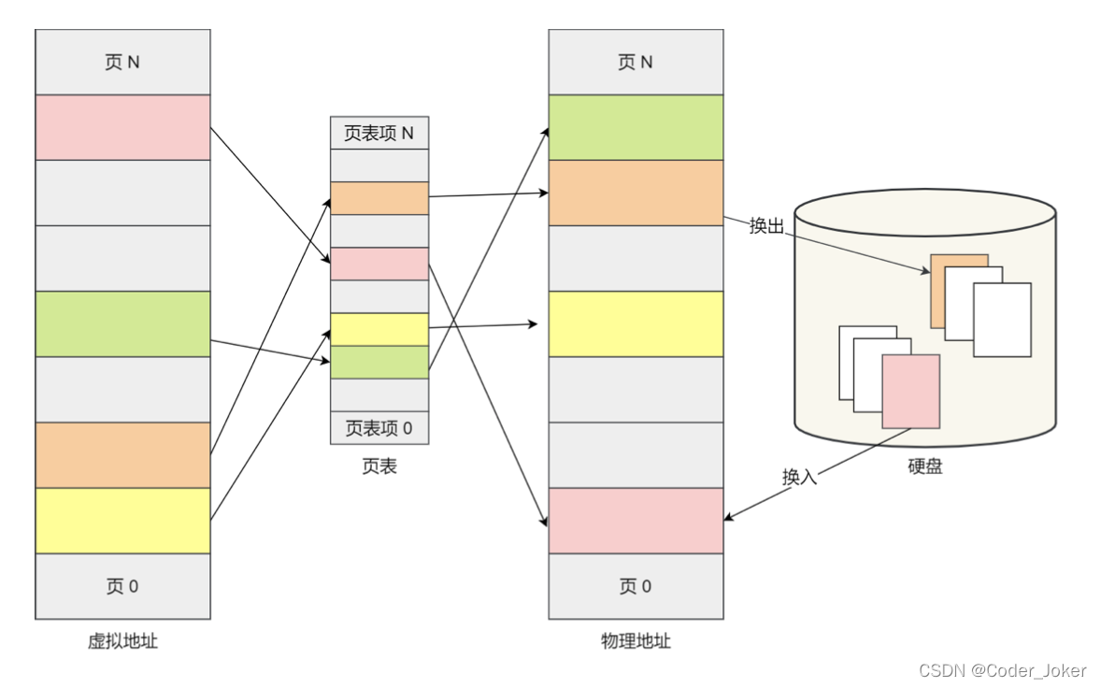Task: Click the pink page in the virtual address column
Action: coord(122,127)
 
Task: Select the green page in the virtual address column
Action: coord(122,323)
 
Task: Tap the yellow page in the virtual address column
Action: coord(122,521)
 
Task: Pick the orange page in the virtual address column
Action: coord(122,455)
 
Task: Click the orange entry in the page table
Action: coord(379,198)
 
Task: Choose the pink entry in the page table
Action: coord(379,264)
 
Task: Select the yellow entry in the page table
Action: coord(379,329)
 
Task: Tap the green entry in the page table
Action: coord(379,362)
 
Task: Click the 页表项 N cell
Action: coord(379,133)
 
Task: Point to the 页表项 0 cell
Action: coord(379,428)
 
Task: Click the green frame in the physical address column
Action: coord(636,127)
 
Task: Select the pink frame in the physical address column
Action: coord(636,521)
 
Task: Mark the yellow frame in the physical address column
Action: coord(636,323)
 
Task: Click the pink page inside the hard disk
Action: coord(910,391)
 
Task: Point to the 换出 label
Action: coord(766,226)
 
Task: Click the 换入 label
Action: coord(800,476)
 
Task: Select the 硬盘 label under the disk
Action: coord(924,466)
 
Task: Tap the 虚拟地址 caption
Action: coord(122,641)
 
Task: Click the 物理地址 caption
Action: coord(636,641)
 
